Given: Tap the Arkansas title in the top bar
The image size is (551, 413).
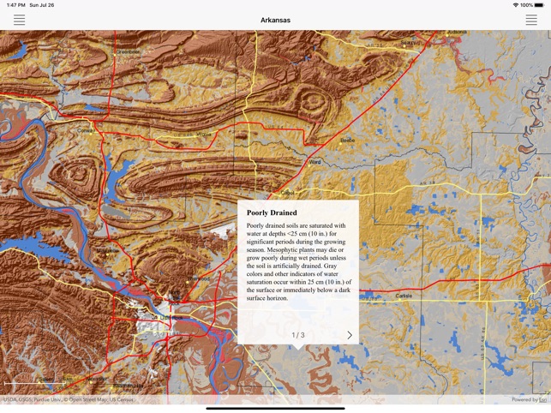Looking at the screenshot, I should coord(275,20).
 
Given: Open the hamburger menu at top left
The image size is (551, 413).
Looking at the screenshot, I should coord(19,20).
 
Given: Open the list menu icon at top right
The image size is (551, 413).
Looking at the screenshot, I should coord(531,20).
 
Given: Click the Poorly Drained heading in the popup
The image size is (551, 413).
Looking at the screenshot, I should coord(272,212).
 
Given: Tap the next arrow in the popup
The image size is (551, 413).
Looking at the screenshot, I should coord(349,335).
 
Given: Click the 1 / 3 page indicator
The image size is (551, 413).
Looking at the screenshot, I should coord(297,335).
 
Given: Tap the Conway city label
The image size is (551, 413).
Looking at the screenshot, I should coord(85,130).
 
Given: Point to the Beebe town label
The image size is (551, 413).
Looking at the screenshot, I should coord(347,140).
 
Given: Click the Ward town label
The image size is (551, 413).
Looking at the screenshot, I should coord(314,162).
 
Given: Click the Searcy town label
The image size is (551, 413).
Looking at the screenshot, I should coord(410,42).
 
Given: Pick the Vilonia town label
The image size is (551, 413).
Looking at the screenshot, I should coord(203,135).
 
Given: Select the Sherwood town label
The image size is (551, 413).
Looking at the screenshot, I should coord(199,278).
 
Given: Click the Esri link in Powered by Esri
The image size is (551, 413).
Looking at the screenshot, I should coord(542,399).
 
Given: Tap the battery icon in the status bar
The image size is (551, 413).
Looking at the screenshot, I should coord(539,5).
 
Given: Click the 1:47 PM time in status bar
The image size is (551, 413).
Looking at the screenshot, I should coord(15,5).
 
